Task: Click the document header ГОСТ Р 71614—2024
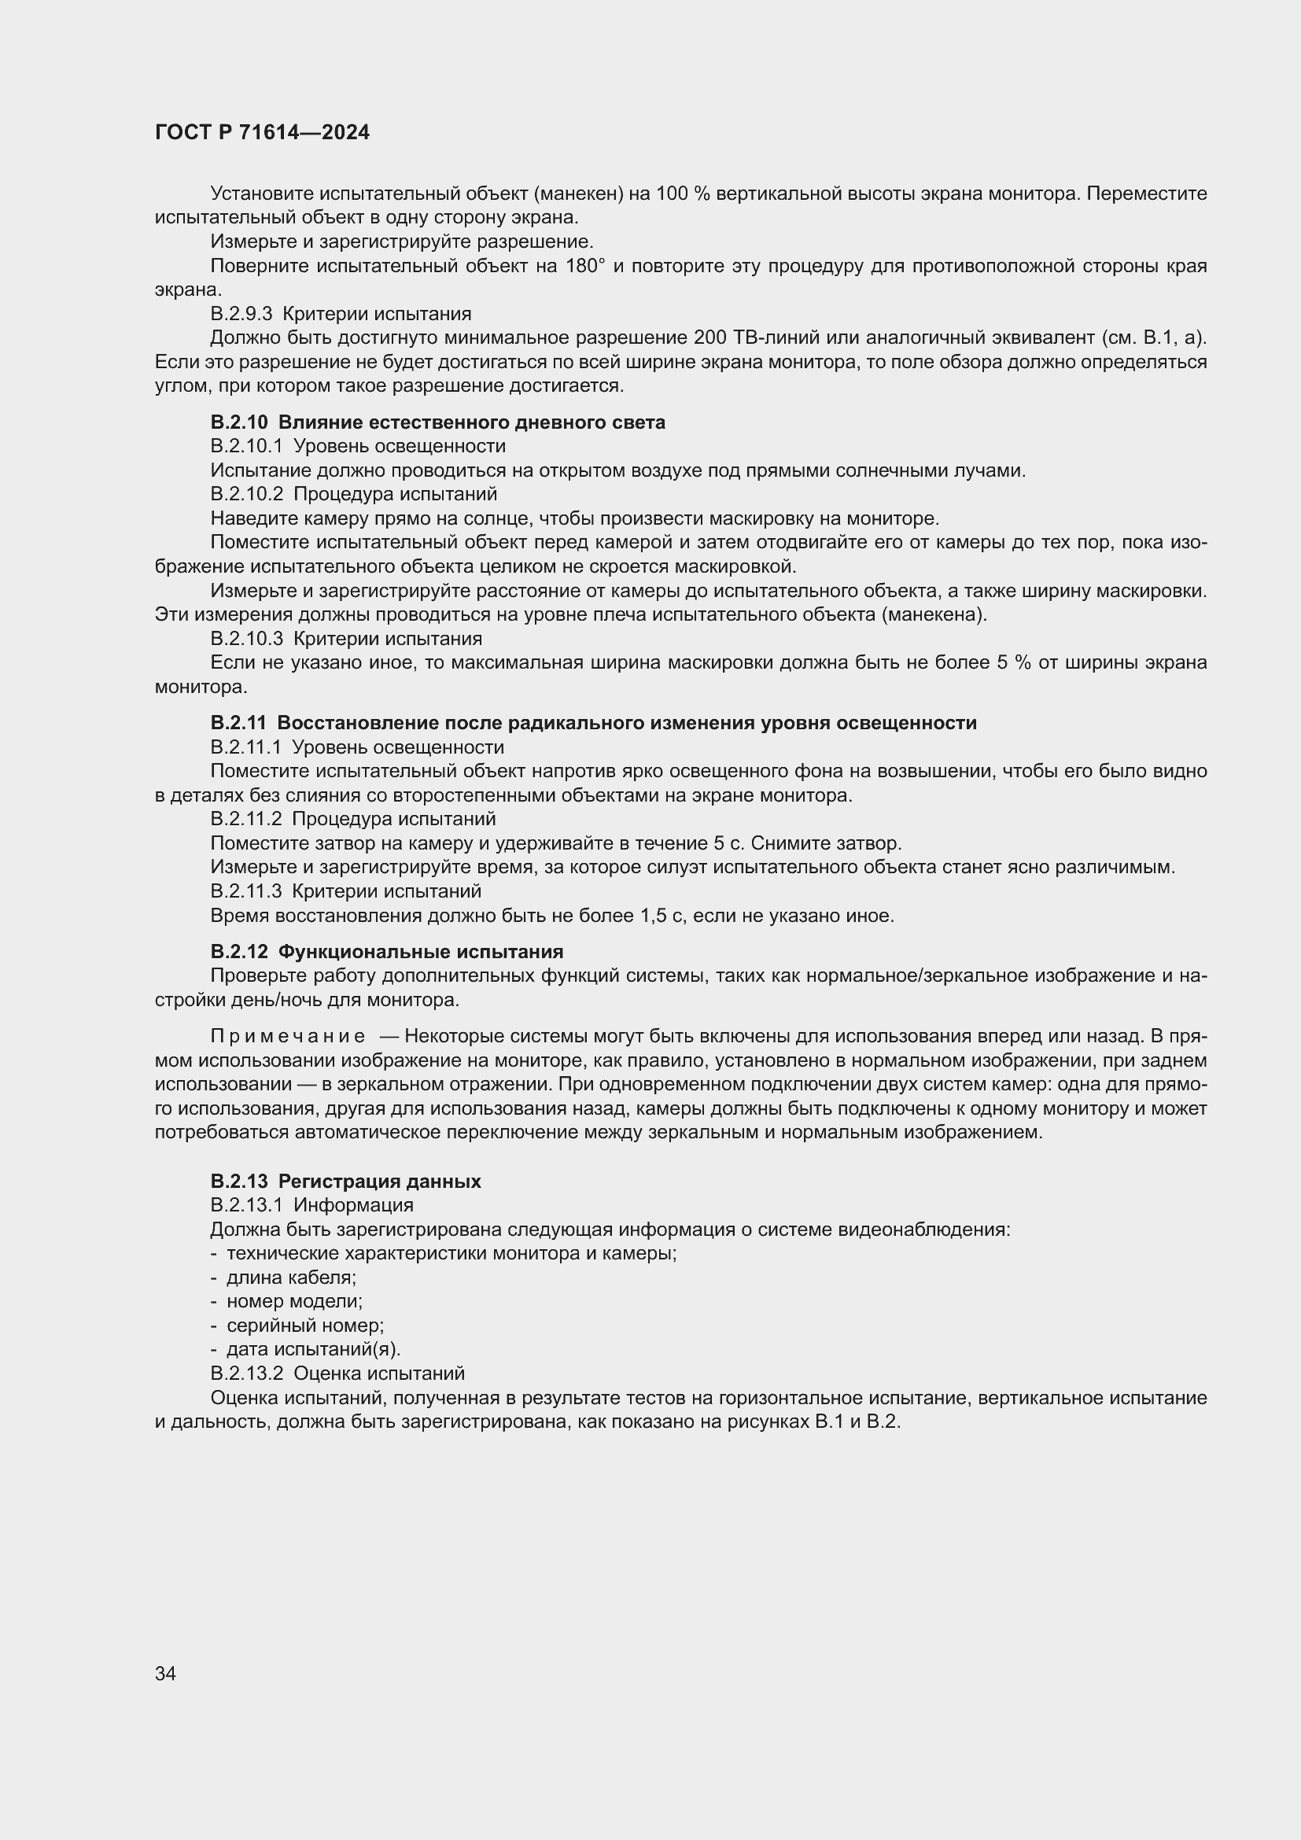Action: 262,132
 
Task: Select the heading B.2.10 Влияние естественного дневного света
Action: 437,422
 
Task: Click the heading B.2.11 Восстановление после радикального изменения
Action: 593,723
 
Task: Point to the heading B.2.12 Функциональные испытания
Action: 387,951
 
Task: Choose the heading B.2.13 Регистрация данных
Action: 345,1181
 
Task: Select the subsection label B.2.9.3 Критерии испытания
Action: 341,313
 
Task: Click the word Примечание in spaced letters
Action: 288,1036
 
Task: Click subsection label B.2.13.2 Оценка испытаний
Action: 337,1374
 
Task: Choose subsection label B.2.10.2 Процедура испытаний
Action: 353,494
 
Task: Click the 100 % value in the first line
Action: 684,194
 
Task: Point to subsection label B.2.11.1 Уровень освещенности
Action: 357,747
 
